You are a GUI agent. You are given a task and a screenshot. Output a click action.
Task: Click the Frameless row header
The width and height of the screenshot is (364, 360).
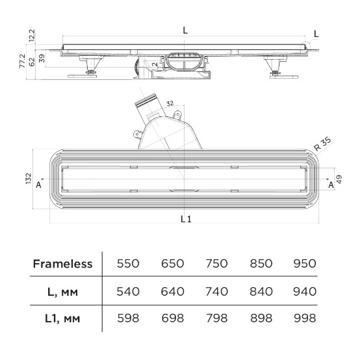62,264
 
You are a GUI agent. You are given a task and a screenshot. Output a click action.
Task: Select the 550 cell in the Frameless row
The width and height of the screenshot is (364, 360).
128,264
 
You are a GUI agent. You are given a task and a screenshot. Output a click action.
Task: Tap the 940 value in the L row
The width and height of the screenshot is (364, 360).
305,292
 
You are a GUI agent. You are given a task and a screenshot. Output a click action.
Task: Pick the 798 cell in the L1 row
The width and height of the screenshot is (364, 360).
216,318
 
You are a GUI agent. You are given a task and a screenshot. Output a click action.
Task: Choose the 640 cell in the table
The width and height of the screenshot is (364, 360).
172,292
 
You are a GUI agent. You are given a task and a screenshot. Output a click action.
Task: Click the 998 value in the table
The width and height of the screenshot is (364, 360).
305,318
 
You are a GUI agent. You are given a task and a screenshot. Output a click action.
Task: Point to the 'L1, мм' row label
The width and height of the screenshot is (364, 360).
62,318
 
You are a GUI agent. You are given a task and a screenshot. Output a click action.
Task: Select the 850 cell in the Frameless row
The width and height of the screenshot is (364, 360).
261,264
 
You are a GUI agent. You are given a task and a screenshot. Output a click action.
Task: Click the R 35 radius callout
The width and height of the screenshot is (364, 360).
322,144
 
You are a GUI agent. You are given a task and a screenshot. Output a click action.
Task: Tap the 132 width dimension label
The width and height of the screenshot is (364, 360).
28,179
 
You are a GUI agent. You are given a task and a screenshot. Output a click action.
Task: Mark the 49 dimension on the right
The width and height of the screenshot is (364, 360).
339,179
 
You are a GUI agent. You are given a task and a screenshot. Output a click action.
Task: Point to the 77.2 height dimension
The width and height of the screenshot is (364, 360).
23,61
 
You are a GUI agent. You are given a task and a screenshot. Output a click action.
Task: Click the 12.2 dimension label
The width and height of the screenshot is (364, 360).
32,35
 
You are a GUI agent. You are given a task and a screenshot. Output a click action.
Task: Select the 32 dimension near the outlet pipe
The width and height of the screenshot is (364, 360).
170,103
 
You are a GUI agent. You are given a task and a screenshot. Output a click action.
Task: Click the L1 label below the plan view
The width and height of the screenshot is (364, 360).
186,219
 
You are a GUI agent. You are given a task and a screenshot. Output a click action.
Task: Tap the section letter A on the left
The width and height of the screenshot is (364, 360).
38,185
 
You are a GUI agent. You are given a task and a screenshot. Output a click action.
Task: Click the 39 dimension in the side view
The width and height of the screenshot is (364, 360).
42,58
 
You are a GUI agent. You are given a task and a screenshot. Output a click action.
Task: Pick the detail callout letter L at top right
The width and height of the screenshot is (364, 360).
316,34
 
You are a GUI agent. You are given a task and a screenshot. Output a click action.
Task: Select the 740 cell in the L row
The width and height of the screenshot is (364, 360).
216,292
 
